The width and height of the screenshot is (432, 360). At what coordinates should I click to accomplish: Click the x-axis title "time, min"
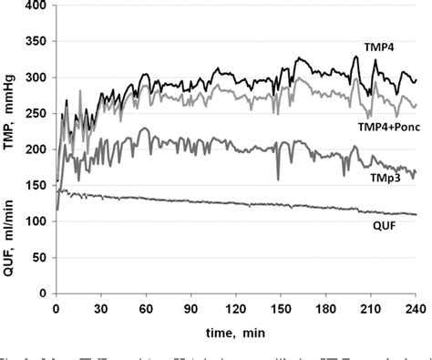point(235,331)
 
